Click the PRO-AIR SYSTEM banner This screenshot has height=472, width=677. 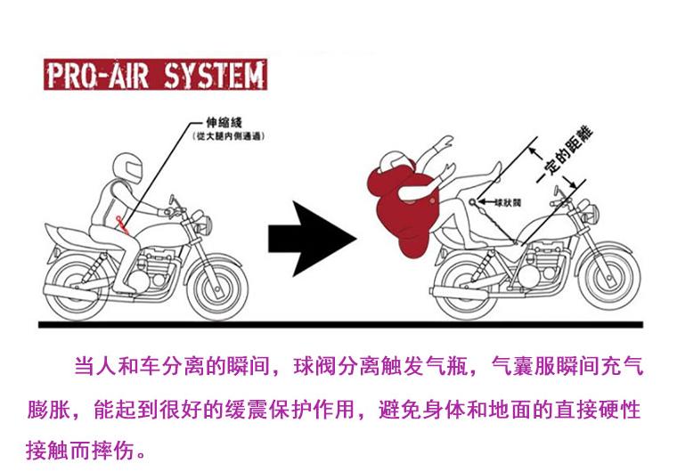click(x=155, y=76)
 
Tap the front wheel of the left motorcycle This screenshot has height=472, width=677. click(x=215, y=287)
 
